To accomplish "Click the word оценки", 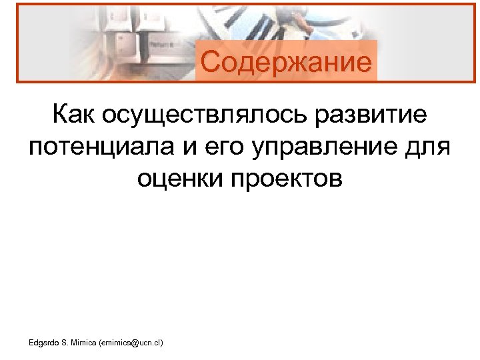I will [178, 178].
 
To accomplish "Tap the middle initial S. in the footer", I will [65, 343].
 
